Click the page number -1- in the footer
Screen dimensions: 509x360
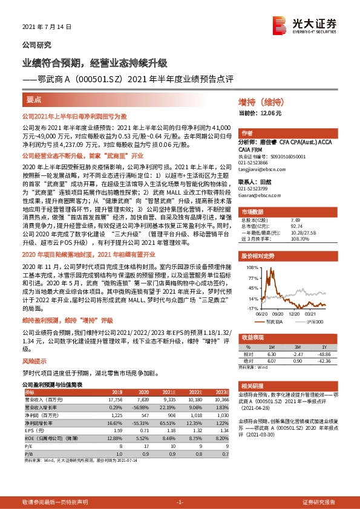[180, 502]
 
